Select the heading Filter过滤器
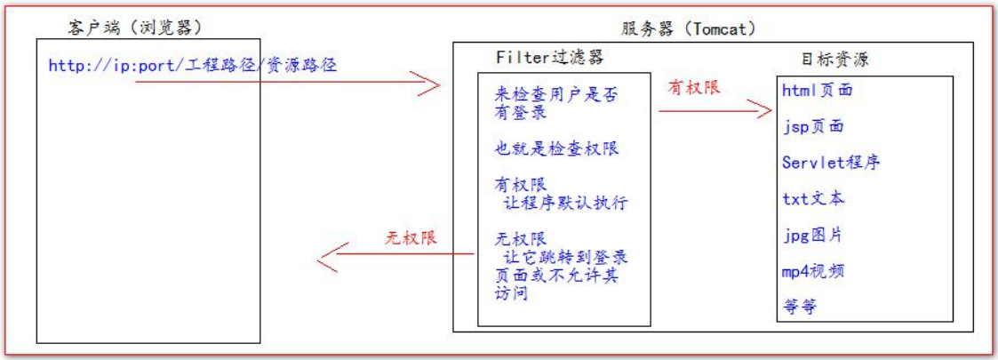[x=541, y=57]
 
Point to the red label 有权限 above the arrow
[x=693, y=89]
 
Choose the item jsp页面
[x=813, y=126]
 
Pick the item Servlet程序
[x=831, y=163]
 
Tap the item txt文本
[x=813, y=198]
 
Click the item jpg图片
[x=812, y=235]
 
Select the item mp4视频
[x=813, y=271]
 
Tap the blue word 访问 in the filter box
[x=512, y=293]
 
